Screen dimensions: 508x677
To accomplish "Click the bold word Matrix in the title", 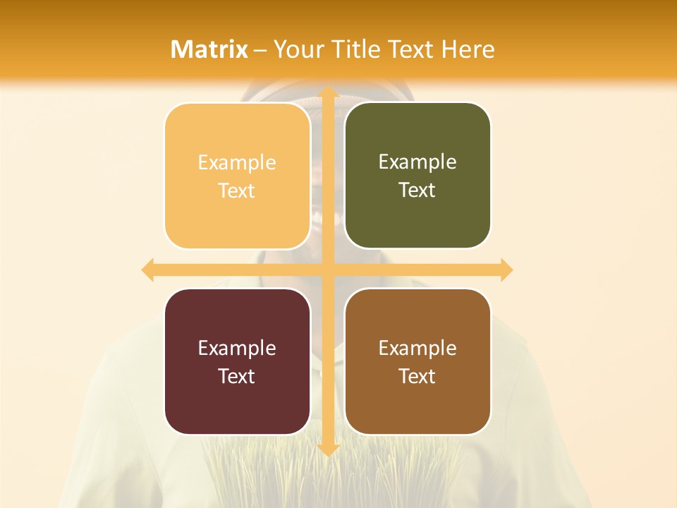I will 209,49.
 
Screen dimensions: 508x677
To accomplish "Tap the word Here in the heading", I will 468,49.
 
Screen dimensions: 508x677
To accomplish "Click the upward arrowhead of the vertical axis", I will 327,92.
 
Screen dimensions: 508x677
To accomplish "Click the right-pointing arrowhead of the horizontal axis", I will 506,270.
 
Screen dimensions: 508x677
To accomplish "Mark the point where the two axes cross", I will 327,270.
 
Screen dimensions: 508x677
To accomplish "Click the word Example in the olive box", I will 417,162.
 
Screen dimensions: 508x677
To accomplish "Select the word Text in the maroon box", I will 237,376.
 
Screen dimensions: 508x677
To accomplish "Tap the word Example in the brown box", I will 417,348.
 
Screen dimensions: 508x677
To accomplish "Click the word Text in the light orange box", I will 237,190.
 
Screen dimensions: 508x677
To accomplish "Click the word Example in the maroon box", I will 237,348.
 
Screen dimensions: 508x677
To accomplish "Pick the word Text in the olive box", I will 417,190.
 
